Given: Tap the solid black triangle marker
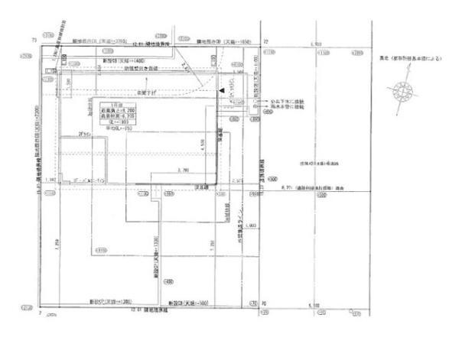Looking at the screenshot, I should coord(221,90).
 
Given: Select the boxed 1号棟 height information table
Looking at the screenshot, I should coord(124,115).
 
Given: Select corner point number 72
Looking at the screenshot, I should coord(265,39).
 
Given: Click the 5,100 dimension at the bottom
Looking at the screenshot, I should coord(314,306).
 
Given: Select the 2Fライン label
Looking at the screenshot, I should coord(85,134).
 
